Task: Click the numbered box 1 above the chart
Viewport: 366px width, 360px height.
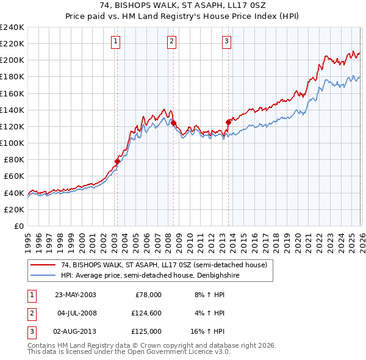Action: click(x=116, y=41)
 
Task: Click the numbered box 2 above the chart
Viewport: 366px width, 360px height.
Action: click(x=172, y=41)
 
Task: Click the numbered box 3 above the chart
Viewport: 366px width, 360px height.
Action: click(x=226, y=41)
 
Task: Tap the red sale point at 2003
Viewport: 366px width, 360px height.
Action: click(x=117, y=161)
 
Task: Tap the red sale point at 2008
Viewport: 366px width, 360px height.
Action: click(x=173, y=123)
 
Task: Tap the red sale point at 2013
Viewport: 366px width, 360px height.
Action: click(x=228, y=122)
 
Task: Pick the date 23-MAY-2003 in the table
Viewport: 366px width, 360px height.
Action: click(x=76, y=295)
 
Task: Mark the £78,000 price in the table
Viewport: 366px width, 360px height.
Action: click(x=146, y=295)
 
